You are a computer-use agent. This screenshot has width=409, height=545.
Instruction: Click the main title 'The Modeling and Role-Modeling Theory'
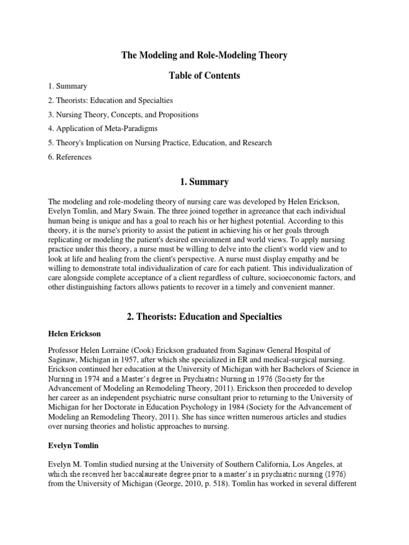(x=204, y=55)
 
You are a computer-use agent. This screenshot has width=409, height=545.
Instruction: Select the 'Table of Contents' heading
(x=204, y=76)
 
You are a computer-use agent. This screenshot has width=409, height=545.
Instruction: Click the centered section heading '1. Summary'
(x=204, y=182)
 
